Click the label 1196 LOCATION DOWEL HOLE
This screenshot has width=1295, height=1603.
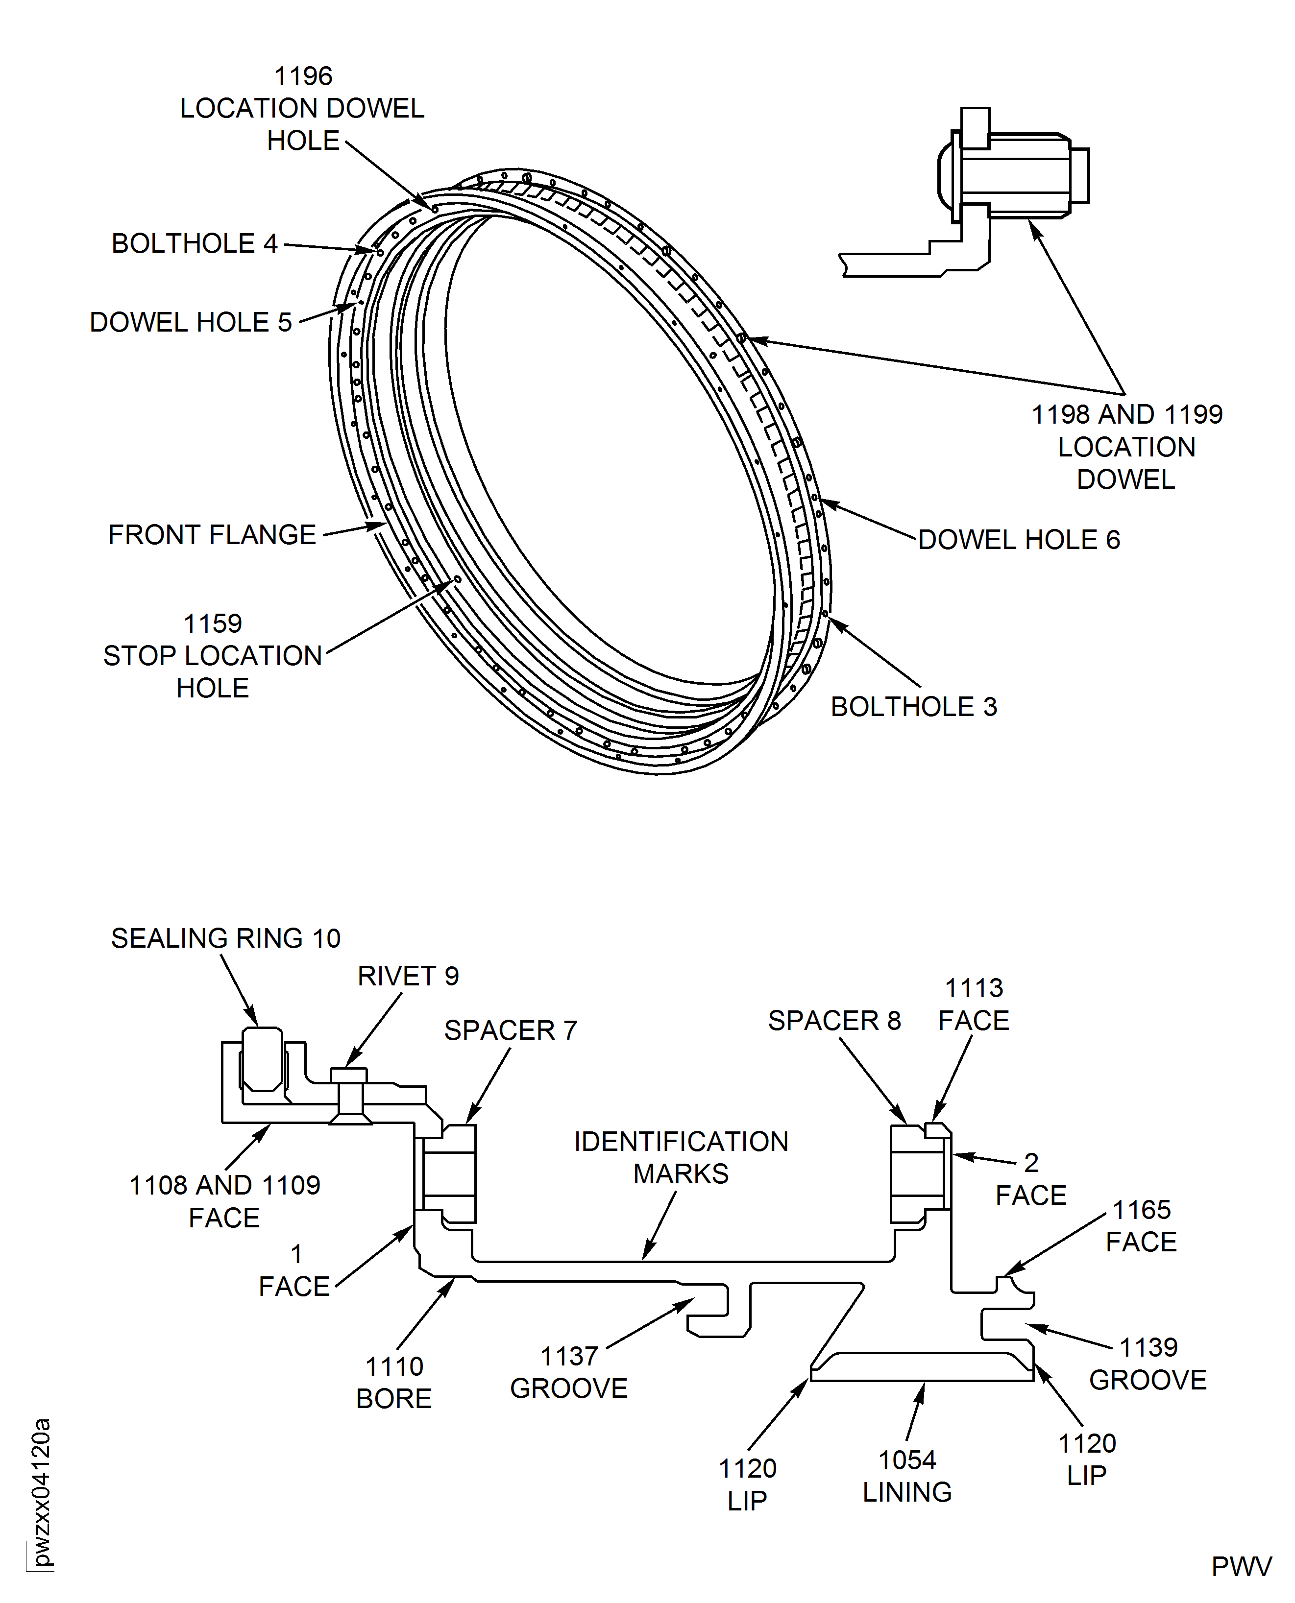click(x=302, y=108)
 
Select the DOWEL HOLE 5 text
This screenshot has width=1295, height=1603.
click(x=190, y=322)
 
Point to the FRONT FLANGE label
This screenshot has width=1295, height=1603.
click(x=212, y=535)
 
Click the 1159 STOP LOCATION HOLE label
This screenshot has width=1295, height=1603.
click(x=213, y=655)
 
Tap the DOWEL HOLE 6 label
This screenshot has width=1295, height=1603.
click(x=1018, y=539)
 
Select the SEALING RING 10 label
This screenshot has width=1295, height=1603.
click(x=225, y=938)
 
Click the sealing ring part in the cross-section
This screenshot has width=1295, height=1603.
click(x=263, y=1059)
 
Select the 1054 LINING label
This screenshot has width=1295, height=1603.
click(x=906, y=1476)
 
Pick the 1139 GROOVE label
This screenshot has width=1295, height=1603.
click(x=1148, y=1364)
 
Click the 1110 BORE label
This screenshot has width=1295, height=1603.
click(x=394, y=1382)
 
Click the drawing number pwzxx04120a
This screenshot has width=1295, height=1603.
click(x=42, y=1491)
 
